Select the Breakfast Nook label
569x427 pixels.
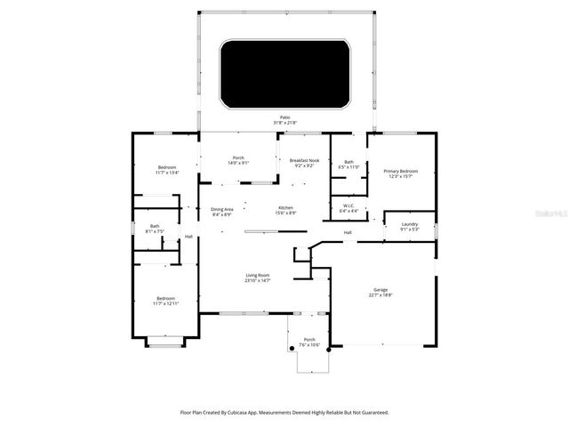pyautogui.click(x=303, y=162)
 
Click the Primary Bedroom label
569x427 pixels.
pyautogui.click(x=401, y=173)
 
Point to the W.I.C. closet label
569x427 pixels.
pyautogui.click(x=349, y=208)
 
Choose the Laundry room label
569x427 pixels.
pyautogui.click(x=409, y=226)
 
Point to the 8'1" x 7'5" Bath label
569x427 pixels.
pyautogui.click(x=155, y=229)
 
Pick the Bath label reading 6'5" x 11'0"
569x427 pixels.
pyautogui.click(x=349, y=164)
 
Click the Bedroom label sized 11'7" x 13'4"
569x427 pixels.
pyautogui.click(x=167, y=170)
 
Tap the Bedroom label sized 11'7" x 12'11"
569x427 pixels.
pyautogui.click(x=166, y=301)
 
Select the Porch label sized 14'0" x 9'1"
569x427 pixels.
pyautogui.click(x=238, y=160)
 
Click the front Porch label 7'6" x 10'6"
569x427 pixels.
pyautogui.click(x=309, y=342)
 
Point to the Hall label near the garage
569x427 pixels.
pyautogui.click(x=349, y=233)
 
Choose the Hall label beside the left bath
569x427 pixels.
pyautogui.click(x=188, y=237)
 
